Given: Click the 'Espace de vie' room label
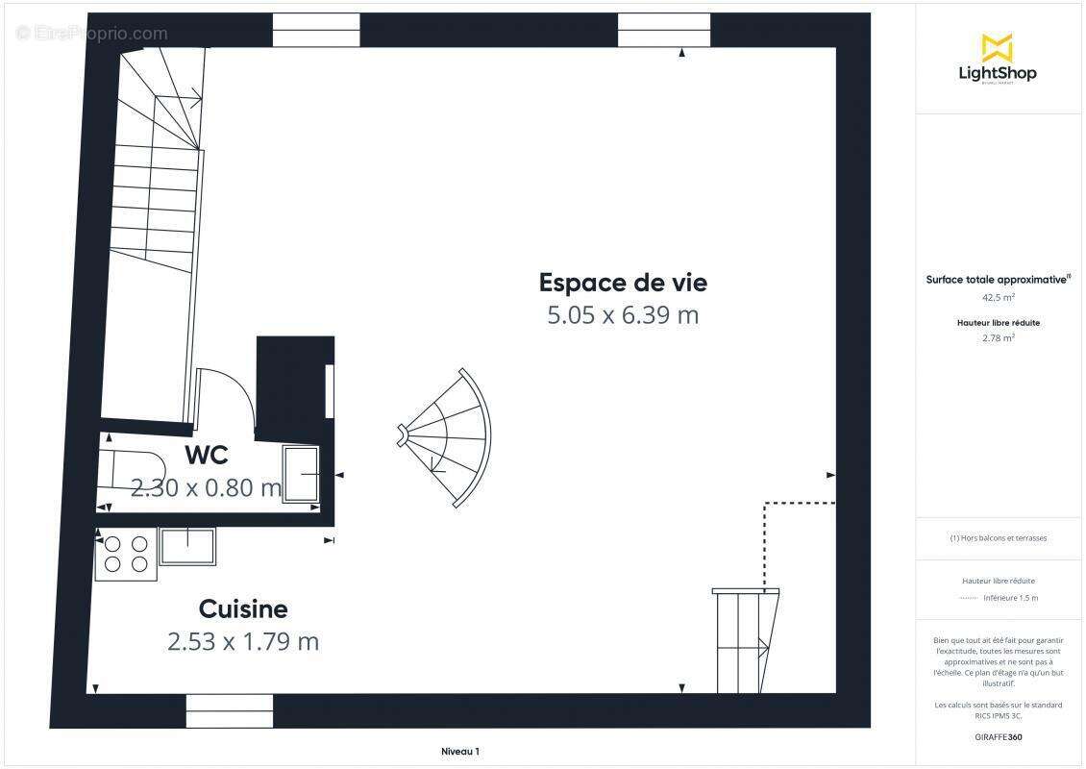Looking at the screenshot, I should click(x=623, y=283).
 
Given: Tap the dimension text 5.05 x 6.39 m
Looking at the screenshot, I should click(x=623, y=315).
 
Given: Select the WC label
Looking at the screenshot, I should click(x=206, y=455).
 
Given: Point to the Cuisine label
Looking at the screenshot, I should click(x=243, y=608).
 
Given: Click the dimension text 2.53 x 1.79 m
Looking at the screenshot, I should click(x=243, y=641).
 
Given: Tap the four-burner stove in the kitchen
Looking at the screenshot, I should click(x=126, y=554).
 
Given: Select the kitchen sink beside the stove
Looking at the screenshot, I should click(x=187, y=546).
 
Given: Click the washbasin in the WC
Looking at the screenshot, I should click(x=302, y=473).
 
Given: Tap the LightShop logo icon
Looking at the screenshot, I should click(x=997, y=47).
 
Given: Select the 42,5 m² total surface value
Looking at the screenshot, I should click(x=998, y=298).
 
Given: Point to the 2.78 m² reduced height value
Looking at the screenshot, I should click(x=998, y=337).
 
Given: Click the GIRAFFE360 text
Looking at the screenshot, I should click(x=998, y=735).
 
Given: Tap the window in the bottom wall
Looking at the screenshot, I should click(x=230, y=711).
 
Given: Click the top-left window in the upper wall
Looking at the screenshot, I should click(x=316, y=30).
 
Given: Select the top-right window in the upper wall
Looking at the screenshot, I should click(x=650, y=30).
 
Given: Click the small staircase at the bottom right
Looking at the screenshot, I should click(x=744, y=638).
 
